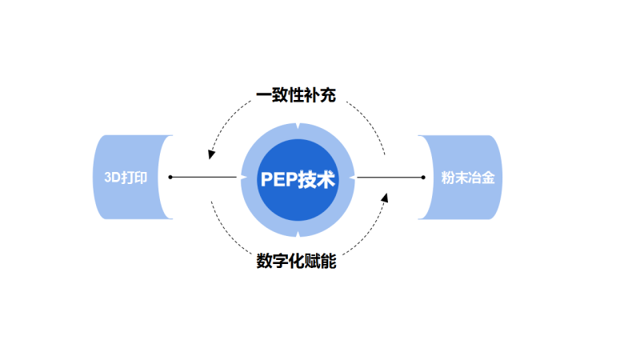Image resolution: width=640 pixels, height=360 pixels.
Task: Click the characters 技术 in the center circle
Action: click(317, 179)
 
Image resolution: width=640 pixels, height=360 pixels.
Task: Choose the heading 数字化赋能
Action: click(296, 262)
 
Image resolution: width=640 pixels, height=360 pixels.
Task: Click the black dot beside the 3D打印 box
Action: click(170, 177)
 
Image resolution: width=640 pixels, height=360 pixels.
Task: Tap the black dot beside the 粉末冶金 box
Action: click(424, 177)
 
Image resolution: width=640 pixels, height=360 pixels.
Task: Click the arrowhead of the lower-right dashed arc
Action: click(385, 197)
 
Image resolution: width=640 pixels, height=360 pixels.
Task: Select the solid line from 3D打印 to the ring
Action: click(204, 177)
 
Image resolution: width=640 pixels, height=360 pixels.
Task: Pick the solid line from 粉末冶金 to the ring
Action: click(390, 177)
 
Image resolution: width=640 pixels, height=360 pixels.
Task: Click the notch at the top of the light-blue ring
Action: click(298, 126)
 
